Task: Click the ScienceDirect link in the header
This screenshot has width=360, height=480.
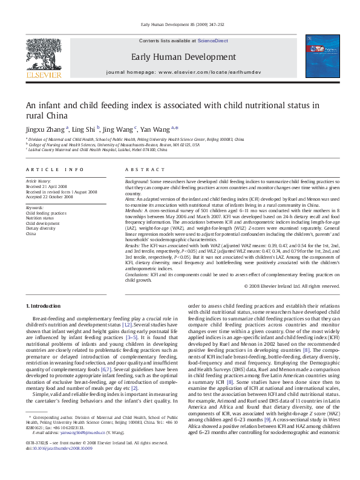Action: pos(213,40)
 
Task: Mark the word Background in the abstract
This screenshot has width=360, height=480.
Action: pos(137,181)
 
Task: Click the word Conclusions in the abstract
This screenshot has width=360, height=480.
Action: pos(137,275)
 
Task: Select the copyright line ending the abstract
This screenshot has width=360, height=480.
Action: pos(292,286)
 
